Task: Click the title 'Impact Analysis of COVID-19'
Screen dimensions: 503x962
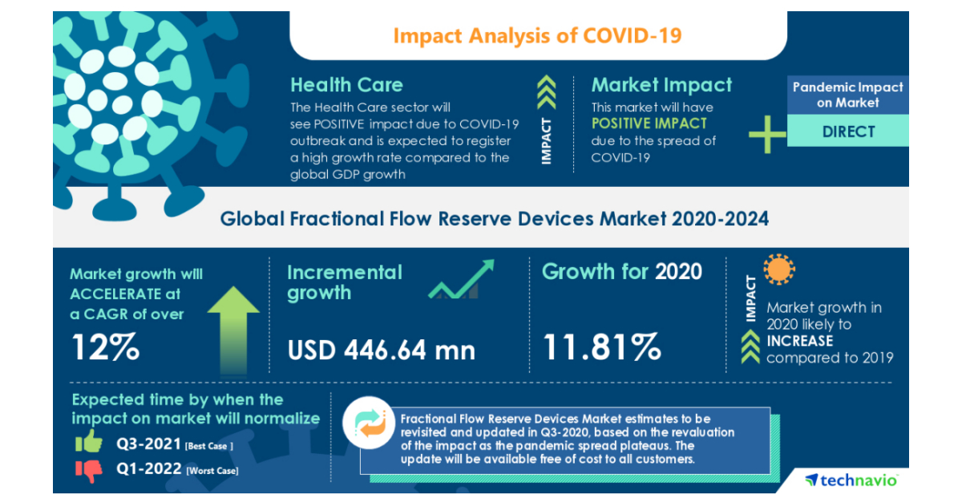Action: pyautogui.click(x=538, y=36)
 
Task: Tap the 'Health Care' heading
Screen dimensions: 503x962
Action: pyautogui.click(x=346, y=85)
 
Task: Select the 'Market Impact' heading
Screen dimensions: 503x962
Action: pyautogui.click(x=661, y=85)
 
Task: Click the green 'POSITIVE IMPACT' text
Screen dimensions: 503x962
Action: pyautogui.click(x=649, y=124)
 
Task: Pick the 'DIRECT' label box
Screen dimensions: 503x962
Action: pyautogui.click(x=848, y=132)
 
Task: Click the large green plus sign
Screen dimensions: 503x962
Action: pyautogui.click(x=767, y=134)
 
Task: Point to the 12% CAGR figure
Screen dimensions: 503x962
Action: pyautogui.click(x=106, y=347)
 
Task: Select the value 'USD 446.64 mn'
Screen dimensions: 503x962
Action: pyautogui.click(x=381, y=349)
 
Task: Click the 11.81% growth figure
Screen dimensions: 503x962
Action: pyautogui.click(x=602, y=347)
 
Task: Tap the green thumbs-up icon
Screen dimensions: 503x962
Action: pyautogui.click(x=89, y=441)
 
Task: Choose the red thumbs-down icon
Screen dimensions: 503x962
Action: pyautogui.click(x=89, y=470)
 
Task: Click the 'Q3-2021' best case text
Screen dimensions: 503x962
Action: pyautogui.click(x=148, y=444)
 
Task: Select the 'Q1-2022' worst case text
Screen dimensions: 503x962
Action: pyautogui.click(x=148, y=469)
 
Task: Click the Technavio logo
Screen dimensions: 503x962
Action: pyautogui.click(x=851, y=480)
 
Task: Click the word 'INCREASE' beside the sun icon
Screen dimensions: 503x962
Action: pyautogui.click(x=799, y=341)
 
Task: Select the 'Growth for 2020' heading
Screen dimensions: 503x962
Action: pyautogui.click(x=621, y=271)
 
